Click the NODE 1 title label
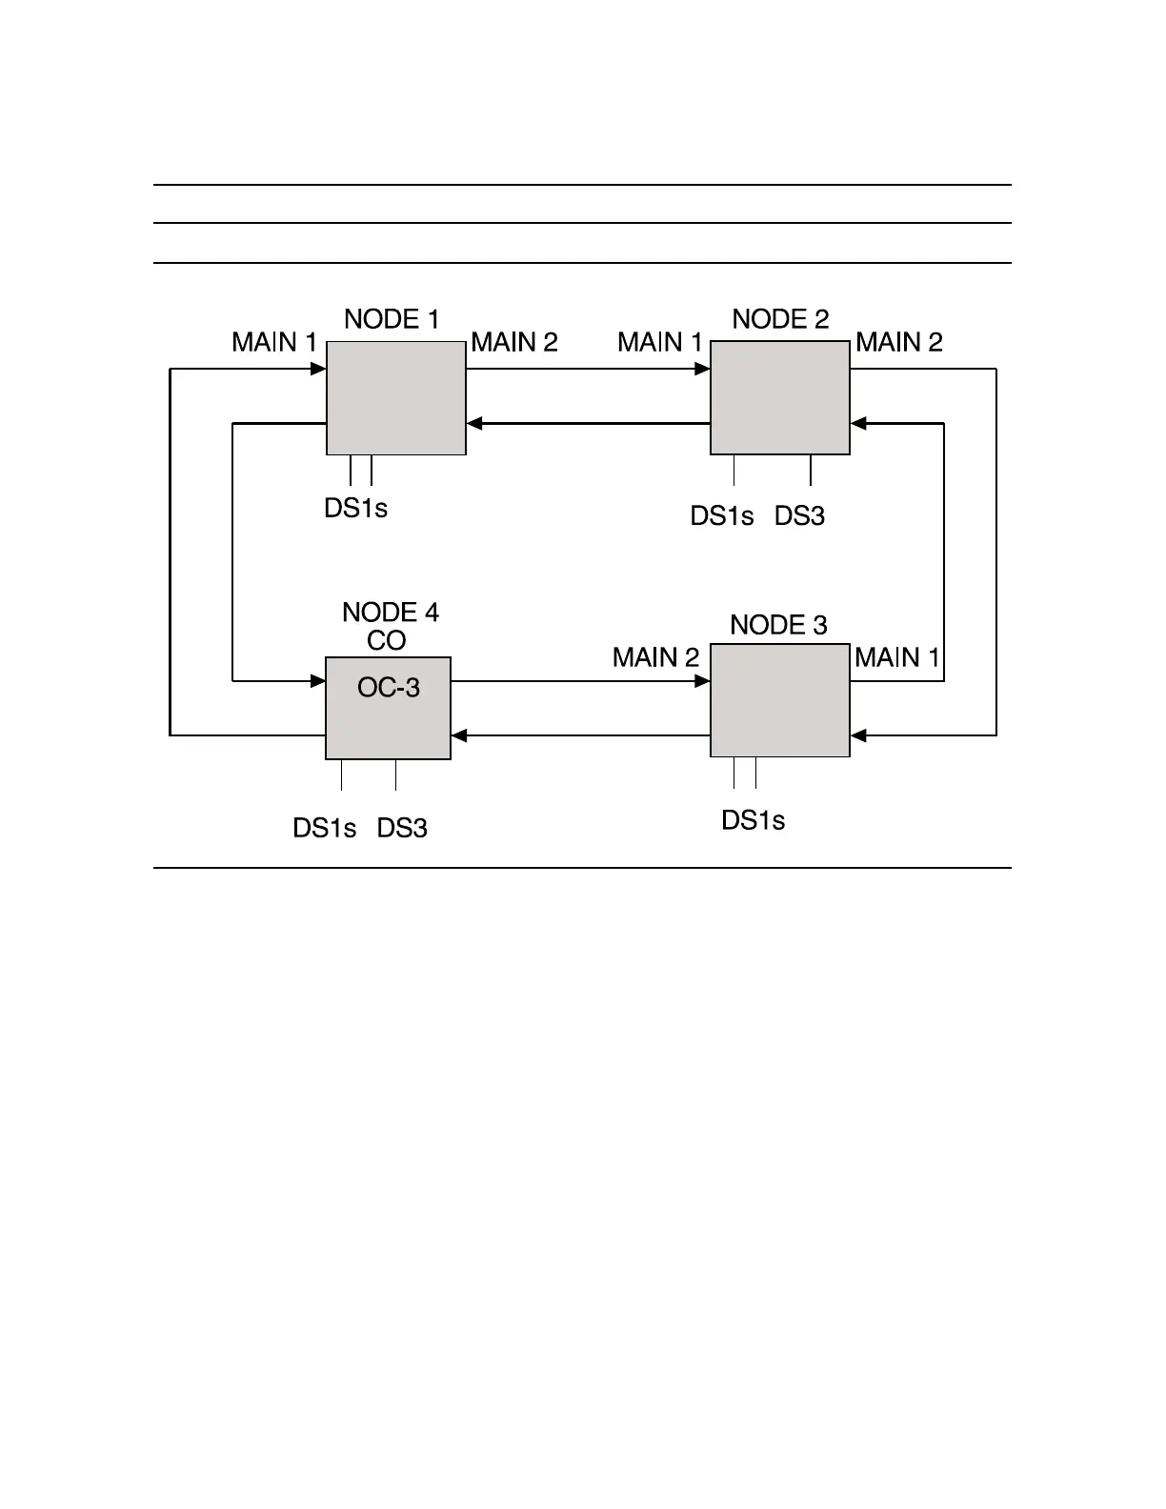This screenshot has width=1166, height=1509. pyautogui.click(x=392, y=319)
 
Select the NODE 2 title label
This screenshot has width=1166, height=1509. pyautogui.click(x=780, y=319)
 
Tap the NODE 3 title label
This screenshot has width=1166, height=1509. pyautogui.click(x=778, y=625)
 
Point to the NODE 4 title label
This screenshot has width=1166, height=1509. pyautogui.click(x=391, y=613)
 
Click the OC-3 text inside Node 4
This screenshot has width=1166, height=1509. pyautogui.click(x=389, y=688)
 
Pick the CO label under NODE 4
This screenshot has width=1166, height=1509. pyautogui.click(x=387, y=640)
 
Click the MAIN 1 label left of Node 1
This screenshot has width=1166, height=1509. pyautogui.click(x=274, y=342)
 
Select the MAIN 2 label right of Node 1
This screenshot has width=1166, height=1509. pyautogui.click(x=514, y=342)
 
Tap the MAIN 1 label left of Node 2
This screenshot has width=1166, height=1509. pyautogui.click(x=660, y=342)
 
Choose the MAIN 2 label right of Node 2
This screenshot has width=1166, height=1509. pyautogui.click(x=899, y=342)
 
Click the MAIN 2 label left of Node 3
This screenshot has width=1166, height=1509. pyautogui.click(x=655, y=657)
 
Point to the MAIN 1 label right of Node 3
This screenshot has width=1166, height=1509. pyautogui.click(x=897, y=657)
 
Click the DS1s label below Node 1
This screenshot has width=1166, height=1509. pyautogui.click(x=355, y=509)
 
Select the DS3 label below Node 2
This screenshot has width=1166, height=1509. pyautogui.click(x=799, y=516)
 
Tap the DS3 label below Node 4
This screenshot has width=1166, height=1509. pyautogui.click(x=402, y=829)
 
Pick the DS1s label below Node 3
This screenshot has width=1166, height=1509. pyautogui.click(x=753, y=820)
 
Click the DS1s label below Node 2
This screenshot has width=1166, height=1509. pyautogui.click(x=722, y=516)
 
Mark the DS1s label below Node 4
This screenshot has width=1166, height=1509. pyautogui.click(x=325, y=829)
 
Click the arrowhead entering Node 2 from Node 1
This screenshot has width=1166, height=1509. pyautogui.click(x=703, y=369)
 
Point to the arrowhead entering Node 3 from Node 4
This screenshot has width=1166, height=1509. pyautogui.click(x=703, y=681)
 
